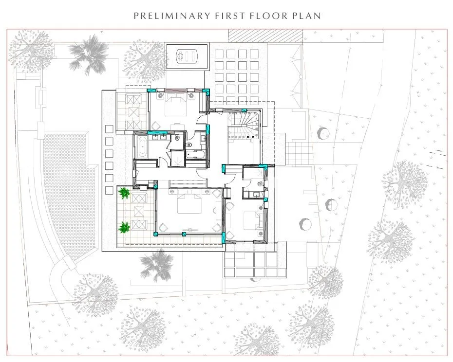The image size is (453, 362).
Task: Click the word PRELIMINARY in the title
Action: point(172,16)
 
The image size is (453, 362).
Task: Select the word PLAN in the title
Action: point(307,16)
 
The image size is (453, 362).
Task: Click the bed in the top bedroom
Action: point(176,106)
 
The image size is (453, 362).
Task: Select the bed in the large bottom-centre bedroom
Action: point(189,203)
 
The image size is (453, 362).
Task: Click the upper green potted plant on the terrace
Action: point(124,193)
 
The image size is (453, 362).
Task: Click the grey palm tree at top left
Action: point(88,55)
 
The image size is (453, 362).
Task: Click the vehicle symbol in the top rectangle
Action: point(187,55)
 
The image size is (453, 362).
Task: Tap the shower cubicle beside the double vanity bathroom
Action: point(177,159)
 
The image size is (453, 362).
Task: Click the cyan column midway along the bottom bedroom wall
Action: point(184,234)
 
